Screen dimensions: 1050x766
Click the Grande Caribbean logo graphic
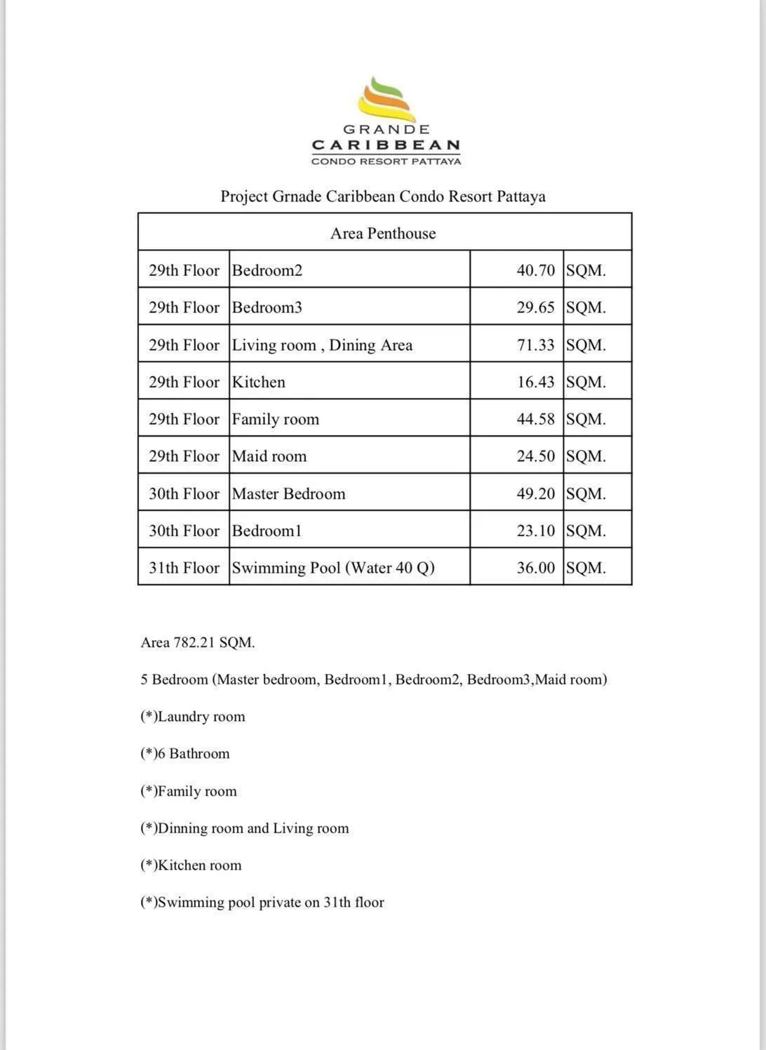click(387, 100)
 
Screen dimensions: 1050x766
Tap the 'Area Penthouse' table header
click(383, 234)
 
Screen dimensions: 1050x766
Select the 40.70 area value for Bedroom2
click(535, 270)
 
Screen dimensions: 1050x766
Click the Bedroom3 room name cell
click(267, 307)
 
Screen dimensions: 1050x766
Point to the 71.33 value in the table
click(535, 345)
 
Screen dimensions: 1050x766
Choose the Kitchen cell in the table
click(259, 382)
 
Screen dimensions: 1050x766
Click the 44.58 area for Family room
click(535, 419)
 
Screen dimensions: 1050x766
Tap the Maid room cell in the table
click(269, 456)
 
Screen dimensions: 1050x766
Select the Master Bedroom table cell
click(288, 493)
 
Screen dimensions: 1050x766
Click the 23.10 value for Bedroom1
click(535, 531)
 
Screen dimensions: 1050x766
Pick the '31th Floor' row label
click(184, 568)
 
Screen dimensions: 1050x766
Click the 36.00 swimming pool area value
click(535, 568)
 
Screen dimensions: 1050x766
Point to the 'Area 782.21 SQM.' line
click(198, 642)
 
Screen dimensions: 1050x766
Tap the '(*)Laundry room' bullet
click(193, 717)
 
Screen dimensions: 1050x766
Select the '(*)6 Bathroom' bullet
click(185, 754)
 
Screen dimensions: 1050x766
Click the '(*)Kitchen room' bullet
click(191, 865)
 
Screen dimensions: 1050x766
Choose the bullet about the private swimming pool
click(262, 903)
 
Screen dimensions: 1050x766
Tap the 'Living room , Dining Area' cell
click(322, 345)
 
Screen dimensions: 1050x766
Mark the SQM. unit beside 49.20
click(586, 493)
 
